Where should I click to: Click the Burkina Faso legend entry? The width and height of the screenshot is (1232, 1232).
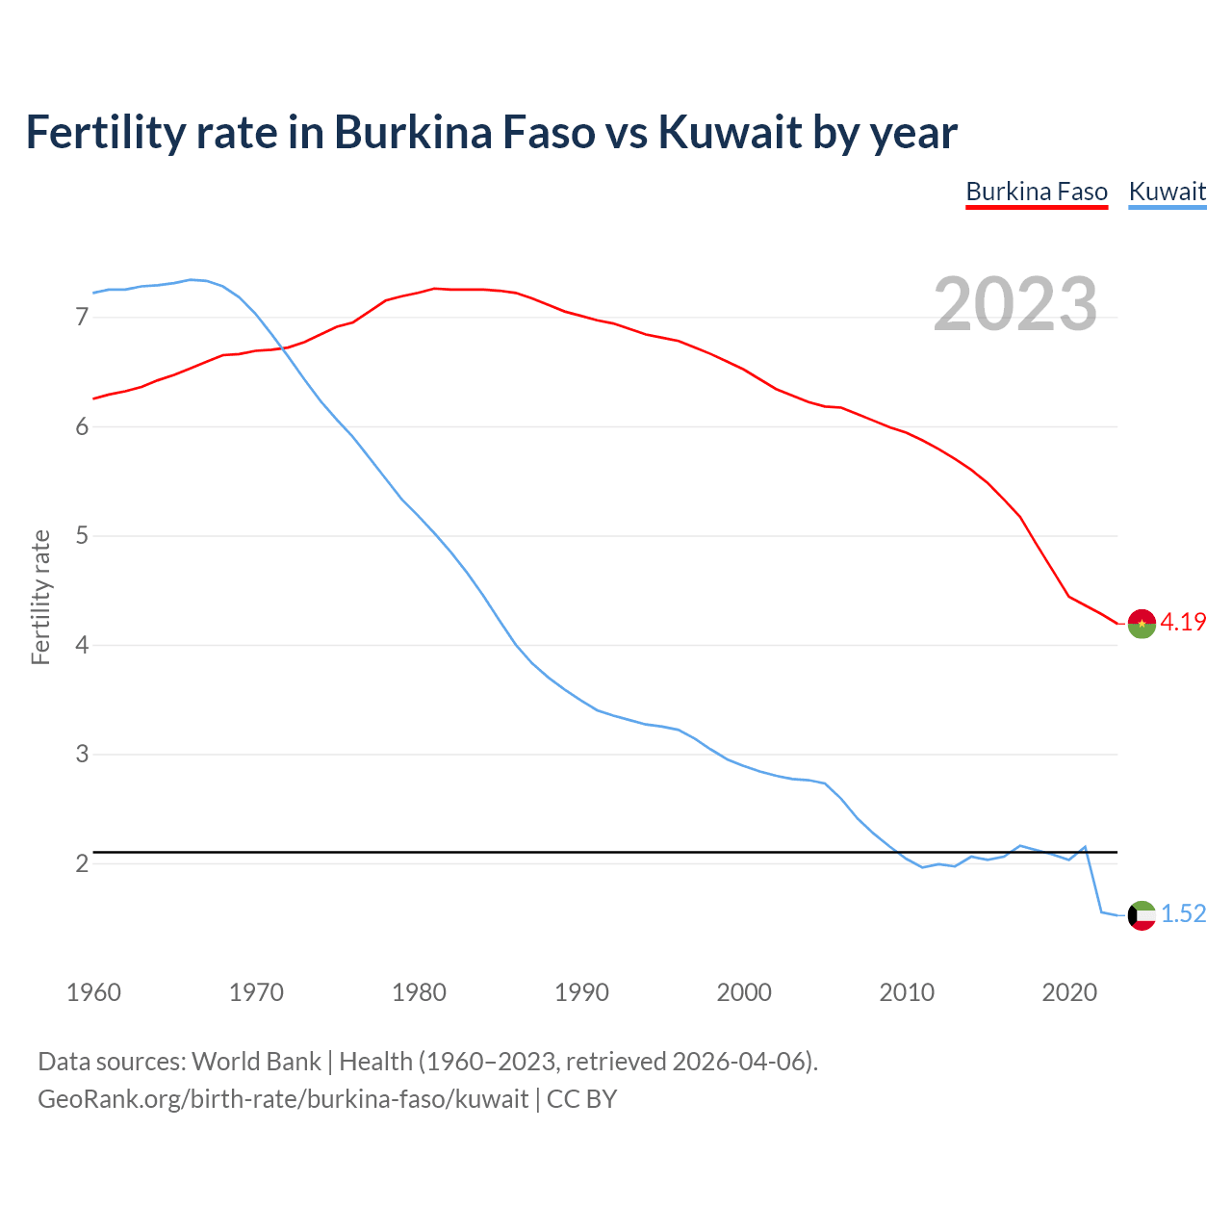pyautogui.click(x=1037, y=192)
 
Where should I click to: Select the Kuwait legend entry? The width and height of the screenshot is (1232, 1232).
pyautogui.click(x=1167, y=192)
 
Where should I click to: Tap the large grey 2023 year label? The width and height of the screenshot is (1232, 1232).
pyautogui.click(x=1015, y=304)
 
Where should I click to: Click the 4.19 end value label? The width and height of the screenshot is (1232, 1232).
pyautogui.click(x=1183, y=623)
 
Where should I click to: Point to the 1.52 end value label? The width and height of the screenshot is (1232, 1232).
pyautogui.click(x=1183, y=914)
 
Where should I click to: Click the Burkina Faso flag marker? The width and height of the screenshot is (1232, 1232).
pyautogui.click(x=1142, y=624)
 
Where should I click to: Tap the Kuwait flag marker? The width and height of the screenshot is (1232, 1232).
pyautogui.click(x=1142, y=915)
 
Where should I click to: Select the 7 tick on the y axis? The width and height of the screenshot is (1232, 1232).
pyautogui.click(x=81, y=317)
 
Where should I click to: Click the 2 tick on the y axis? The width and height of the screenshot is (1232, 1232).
pyautogui.click(x=81, y=863)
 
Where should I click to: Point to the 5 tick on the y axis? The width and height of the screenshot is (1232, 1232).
pyautogui.click(x=81, y=535)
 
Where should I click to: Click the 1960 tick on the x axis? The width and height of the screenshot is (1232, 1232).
pyautogui.click(x=93, y=992)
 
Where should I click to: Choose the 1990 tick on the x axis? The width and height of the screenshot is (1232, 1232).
pyautogui.click(x=581, y=992)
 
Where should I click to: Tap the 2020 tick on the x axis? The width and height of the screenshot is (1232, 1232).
pyautogui.click(x=1069, y=992)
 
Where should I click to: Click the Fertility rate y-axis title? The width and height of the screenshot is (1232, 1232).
pyautogui.click(x=40, y=597)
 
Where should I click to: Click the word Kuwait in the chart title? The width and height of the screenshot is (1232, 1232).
pyautogui.click(x=730, y=132)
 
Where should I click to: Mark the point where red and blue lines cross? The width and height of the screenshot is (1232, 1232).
pyautogui.click(x=284, y=348)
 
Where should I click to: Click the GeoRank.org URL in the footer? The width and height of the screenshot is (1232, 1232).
pyautogui.click(x=283, y=1099)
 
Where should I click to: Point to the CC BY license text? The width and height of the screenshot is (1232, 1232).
pyautogui.click(x=581, y=1099)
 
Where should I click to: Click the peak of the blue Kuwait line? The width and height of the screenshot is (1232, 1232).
pyautogui.click(x=191, y=280)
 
